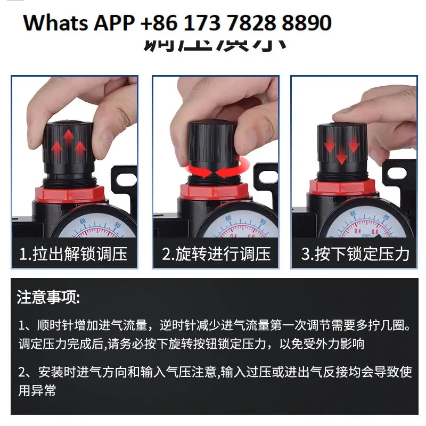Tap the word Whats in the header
click(x=55, y=23)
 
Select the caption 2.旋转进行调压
click(x=216, y=254)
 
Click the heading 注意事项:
click(x=48, y=297)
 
